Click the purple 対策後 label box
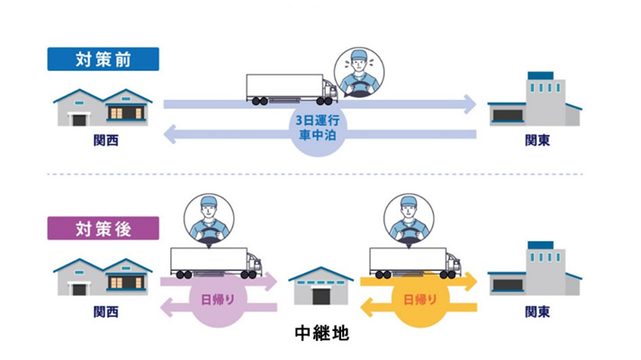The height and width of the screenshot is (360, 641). (104, 229)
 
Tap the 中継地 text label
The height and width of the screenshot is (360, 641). (321, 333)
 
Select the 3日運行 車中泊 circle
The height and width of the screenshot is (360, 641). (318, 126)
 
